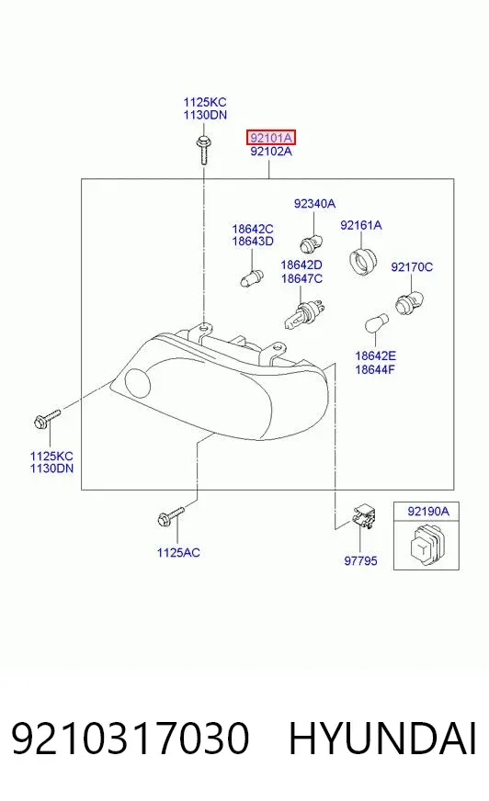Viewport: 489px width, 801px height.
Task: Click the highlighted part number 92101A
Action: coord(271,138)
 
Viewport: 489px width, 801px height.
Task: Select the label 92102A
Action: coord(271,152)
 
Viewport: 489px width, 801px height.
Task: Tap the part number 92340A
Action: coord(314,204)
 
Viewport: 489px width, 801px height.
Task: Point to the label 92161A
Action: coord(360,225)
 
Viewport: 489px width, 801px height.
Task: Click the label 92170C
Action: coord(412,267)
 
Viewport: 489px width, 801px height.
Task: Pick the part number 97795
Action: coord(360,561)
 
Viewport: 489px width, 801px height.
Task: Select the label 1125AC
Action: coord(178,553)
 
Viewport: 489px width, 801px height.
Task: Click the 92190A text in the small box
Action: coord(427,512)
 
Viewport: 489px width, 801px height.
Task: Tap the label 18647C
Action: coord(301,279)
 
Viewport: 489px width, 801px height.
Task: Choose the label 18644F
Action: coord(375,369)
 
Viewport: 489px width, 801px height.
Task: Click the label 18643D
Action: coord(253,242)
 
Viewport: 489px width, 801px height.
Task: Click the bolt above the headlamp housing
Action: coord(203,149)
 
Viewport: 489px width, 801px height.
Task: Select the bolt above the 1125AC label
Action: coord(171,516)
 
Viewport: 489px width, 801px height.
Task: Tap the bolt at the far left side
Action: coord(47,418)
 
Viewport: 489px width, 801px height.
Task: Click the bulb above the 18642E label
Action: coord(377,322)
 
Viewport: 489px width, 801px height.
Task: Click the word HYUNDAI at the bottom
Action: coord(382,739)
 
